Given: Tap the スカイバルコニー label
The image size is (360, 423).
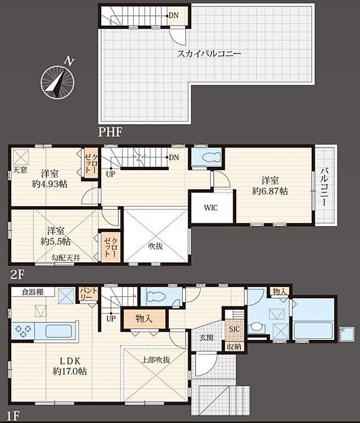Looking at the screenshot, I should pyautogui.click(x=210, y=53).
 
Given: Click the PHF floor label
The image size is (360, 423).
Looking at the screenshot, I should pyautogui.click(x=110, y=132).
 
